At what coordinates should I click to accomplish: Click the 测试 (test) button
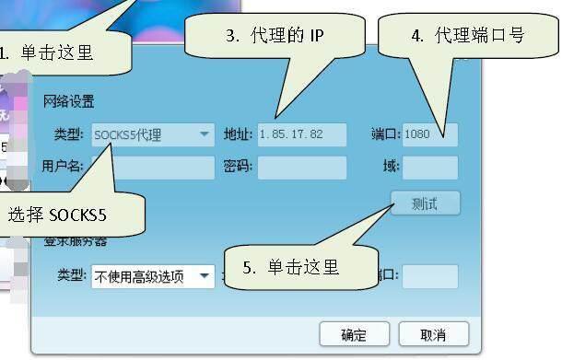pos(424,203)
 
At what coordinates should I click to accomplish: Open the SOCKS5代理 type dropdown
pos(153,135)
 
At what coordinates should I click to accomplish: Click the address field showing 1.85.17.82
pos(301,135)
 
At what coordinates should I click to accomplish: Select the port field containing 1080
pos(429,135)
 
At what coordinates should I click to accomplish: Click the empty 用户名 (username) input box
pos(152,167)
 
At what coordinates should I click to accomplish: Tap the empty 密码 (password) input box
pos(301,167)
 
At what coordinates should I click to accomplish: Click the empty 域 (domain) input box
pos(429,167)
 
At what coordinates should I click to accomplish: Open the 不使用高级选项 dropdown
pos(152,275)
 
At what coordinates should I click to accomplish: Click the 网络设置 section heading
pos(68,101)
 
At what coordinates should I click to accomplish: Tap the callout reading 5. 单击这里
pos(291,268)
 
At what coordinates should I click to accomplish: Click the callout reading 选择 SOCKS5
pos(58,216)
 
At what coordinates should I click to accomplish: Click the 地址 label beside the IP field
pos(237,135)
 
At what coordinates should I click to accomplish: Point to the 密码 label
pos(237,167)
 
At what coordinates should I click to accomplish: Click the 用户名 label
pos(62,167)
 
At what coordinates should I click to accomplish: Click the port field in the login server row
pos(429,276)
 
